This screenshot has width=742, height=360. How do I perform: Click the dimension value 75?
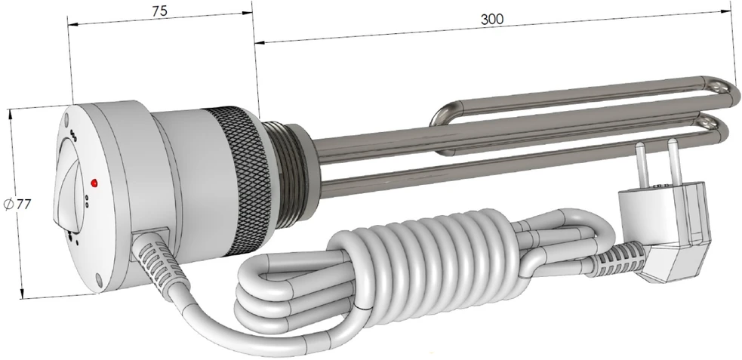tap(159, 11)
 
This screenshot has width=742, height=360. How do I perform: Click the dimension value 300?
tap(492, 19)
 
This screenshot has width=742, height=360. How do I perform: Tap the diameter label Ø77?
tap(17, 205)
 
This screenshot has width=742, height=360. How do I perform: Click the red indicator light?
tap(94, 182)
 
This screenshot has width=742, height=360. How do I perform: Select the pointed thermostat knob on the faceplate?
tap(66, 189)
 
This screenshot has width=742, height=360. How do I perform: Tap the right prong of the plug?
tap(674, 158)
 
